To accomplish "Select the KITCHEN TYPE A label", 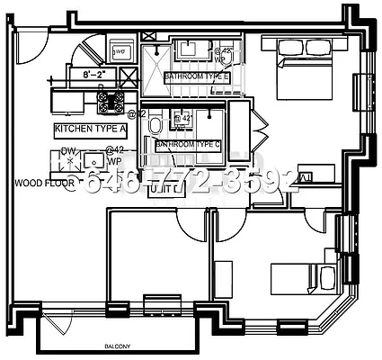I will coord(90,129).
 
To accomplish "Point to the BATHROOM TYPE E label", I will coord(197,78).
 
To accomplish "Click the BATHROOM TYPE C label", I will coord(188,145).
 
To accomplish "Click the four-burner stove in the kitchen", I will coord(114,103).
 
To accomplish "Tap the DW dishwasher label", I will coord(68,151).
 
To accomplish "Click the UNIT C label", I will coord(166,190).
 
